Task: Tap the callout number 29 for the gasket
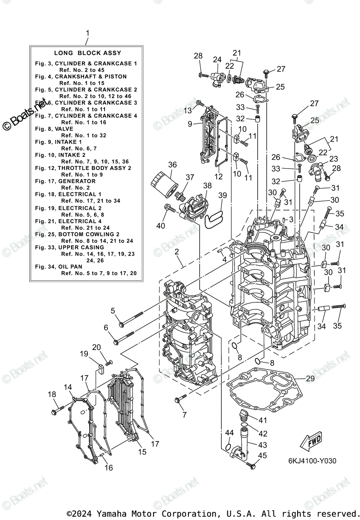pyautogui.click(x=310, y=378)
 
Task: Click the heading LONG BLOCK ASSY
pyautogui.click(x=88, y=53)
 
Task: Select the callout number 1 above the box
pyautogui.click(x=88, y=33)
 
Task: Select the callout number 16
pyautogui.click(x=108, y=467)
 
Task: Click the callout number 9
pyautogui.click(x=190, y=124)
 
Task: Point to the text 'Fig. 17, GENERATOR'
pyautogui.click(x=65, y=181)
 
